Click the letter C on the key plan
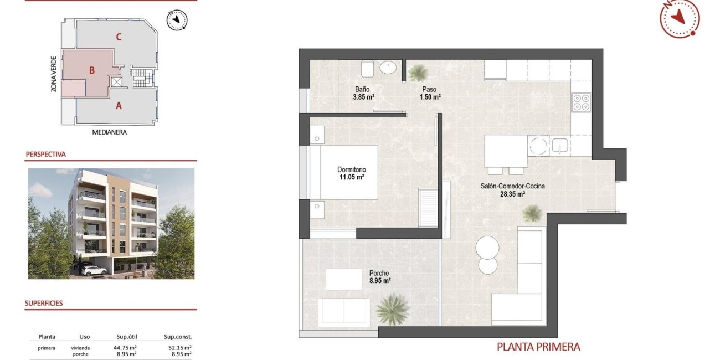(x=119, y=38)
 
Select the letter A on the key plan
(x=119, y=105)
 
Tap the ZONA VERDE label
(x=53, y=74)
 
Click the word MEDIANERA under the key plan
(x=109, y=132)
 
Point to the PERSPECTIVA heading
(x=45, y=155)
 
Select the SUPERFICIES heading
(x=44, y=304)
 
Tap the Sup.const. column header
(x=178, y=337)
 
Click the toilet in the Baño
(x=368, y=69)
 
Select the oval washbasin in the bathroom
(x=388, y=68)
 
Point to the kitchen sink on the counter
(x=560, y=146)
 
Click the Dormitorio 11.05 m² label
(x=351, y=174)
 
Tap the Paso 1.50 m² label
(x=430, y=93)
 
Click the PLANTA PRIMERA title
(x=538, y=347)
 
